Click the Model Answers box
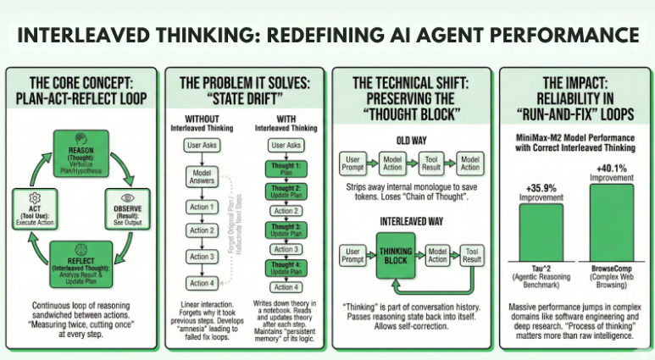pyautogui.click(x=201, y=176)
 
